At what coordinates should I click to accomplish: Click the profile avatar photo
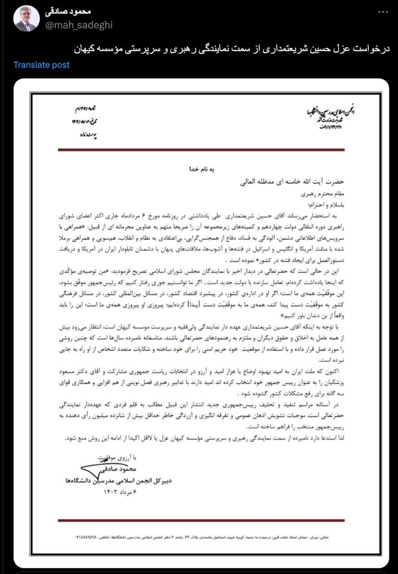(26, 19)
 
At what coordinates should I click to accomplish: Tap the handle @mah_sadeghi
(78, 25)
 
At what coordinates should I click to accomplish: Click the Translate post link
(41, 65)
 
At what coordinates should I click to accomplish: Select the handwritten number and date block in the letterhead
(89, 115)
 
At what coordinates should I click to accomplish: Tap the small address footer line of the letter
(201, 536)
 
